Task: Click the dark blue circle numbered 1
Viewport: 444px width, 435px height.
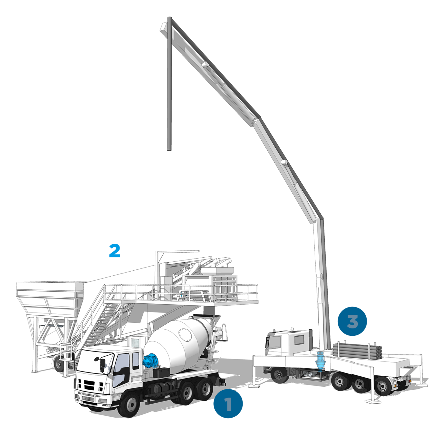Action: [x=228, y=403]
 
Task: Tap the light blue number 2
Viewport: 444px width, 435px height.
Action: [x=114, y=251]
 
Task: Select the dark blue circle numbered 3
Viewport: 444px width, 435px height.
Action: [x=352, y=321]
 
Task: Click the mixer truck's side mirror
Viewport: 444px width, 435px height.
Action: [x=102, y=365]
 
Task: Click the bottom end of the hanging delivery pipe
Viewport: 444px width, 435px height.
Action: [x=169, y=150]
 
